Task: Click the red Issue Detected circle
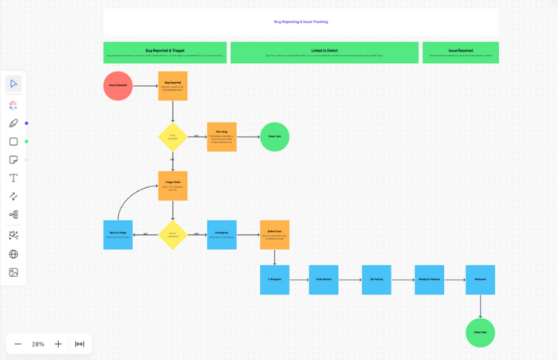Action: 117,85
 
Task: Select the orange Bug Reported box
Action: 173,85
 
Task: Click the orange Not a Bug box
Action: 222,136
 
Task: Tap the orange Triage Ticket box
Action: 173,186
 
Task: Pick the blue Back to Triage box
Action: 118,235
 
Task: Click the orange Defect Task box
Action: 274,235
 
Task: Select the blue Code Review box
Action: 324,280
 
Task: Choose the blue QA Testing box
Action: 376,280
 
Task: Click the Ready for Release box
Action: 429,280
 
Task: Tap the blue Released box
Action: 480,280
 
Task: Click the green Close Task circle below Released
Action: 480,332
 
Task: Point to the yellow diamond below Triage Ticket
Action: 173,235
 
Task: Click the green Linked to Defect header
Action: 324,53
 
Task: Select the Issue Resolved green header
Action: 460,53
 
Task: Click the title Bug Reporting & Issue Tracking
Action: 301,22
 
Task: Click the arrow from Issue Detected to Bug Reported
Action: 144,85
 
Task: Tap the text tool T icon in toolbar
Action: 14,178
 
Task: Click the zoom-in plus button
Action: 58,344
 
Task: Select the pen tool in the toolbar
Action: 14,123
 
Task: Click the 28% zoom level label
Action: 37,344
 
